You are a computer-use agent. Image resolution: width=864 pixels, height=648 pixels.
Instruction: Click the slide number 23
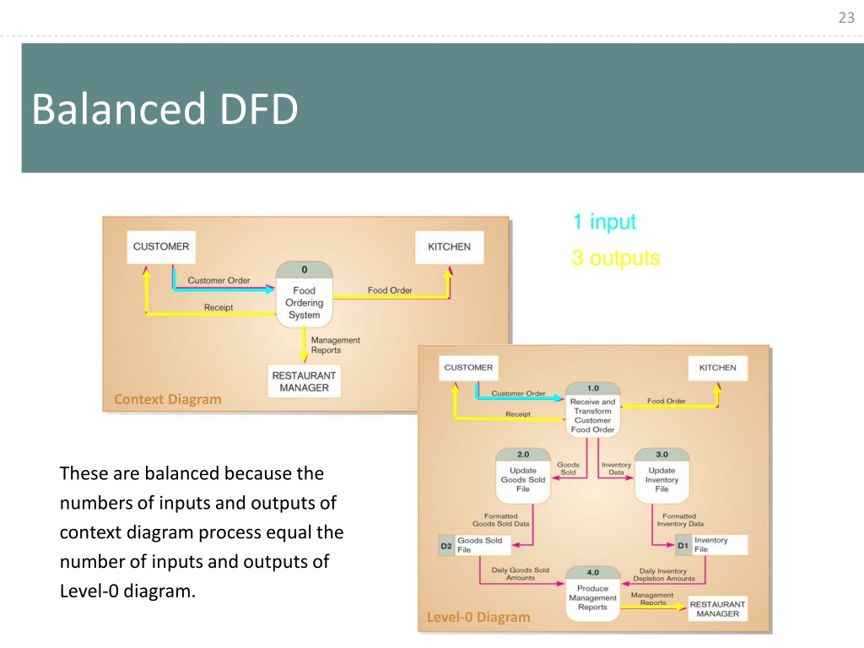846,18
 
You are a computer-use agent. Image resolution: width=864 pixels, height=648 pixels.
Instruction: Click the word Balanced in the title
118,109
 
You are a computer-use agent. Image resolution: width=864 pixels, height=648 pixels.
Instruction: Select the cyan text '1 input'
604,222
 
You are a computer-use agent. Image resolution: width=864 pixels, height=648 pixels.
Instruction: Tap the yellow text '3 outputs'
615,258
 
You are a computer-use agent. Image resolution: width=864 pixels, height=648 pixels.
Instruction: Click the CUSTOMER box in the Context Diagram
161,247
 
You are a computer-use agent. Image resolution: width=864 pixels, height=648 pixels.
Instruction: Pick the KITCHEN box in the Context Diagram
449,247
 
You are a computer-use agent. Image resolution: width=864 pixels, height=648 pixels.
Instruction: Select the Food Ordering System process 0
304,294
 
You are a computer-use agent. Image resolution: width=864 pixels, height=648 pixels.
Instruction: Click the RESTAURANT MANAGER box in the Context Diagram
304,381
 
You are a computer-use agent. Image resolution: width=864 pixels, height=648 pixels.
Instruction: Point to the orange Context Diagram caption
168,399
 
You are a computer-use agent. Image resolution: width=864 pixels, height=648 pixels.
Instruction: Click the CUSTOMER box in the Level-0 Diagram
468,368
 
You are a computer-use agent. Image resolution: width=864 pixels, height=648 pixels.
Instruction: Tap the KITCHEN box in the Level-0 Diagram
717,368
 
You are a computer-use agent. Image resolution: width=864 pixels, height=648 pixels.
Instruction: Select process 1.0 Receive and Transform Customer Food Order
593,410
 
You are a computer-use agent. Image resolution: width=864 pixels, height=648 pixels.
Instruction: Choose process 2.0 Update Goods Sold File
523,476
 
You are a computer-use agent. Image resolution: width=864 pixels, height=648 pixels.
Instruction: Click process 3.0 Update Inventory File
661,476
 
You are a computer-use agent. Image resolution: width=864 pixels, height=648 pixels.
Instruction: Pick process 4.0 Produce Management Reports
593,593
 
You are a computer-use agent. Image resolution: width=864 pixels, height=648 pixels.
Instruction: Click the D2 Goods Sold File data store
475,545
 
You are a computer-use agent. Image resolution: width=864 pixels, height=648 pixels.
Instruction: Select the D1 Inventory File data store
711,545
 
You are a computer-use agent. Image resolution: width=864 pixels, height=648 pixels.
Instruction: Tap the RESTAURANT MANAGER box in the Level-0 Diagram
717,609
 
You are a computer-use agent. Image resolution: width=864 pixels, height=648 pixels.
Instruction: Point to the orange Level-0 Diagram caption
478,617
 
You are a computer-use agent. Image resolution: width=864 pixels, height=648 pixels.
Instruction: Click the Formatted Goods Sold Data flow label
501,520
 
